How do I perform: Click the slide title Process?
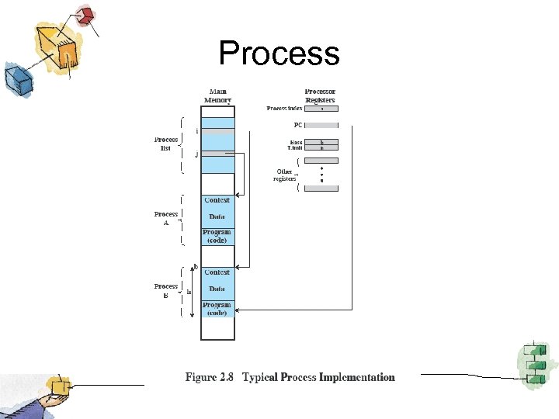point(279,54)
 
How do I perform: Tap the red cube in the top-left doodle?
point(85,15)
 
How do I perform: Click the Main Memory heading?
point(217,95)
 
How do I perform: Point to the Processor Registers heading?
point(320,95)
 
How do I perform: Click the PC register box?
point(321,125)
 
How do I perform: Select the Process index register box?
point(321,109)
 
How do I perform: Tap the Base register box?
point(321,142)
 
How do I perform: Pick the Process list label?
point(165,144)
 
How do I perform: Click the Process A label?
point(166,217)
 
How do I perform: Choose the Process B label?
point(166,290)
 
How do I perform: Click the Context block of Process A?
point(217,201)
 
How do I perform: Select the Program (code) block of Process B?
point(217,309)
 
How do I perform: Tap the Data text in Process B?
point(217,289)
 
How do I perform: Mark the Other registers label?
point(284,175)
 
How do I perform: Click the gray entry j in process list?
point(217,154)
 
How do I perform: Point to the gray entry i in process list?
point(217,132)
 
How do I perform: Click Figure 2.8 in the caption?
point(210,378)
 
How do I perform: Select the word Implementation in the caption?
point(356,378)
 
